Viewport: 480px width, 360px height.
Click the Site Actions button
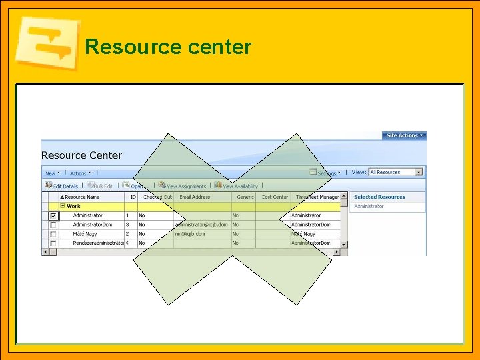point(403,135)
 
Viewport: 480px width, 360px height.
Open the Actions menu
point(79,173)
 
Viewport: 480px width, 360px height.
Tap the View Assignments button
point(183,186)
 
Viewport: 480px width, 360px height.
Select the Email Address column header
point(195,197)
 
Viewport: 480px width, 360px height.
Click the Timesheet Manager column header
point(317,197)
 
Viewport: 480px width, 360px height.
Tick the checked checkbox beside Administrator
point(53,216)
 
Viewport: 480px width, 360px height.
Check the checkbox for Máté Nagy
point(53,235)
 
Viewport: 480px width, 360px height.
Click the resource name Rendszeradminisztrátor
point(98,244)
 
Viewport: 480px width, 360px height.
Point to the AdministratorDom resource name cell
point(93,225)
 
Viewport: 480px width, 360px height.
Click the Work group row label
point(73,207)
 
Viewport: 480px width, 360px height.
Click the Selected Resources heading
point(379,197)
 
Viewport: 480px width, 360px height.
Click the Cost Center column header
point(274,197)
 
